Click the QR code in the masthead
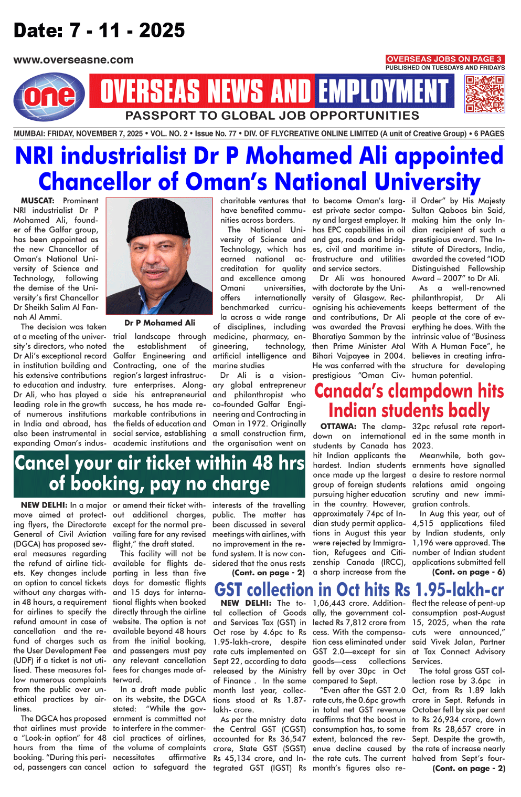(485, 94)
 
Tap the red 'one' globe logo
(49, 97)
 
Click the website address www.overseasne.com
(73, 60)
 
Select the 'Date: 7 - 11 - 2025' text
(99, 30)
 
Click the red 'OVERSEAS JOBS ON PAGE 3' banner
(445, 59)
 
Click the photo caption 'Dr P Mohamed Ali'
(160, 323)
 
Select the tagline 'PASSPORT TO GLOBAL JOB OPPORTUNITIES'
(272, 116)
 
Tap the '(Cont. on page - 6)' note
(469, 572)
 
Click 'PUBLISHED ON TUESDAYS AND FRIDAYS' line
(445, 68)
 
